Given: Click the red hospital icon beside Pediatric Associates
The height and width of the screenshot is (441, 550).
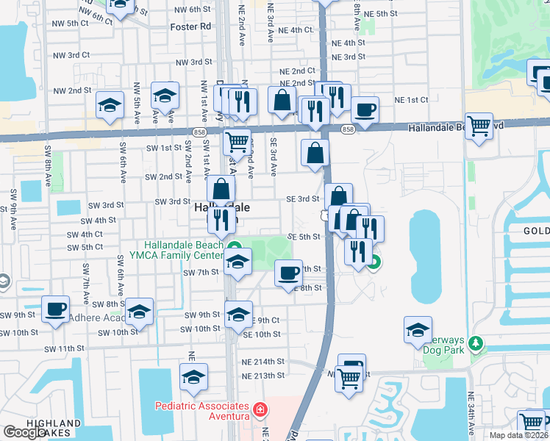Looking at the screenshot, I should pos(258,409).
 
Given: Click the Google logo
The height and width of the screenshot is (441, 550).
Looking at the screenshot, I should pos(24,433).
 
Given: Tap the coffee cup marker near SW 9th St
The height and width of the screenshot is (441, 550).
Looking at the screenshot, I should pos(55,309).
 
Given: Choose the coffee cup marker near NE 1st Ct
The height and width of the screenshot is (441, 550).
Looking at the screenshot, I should pos(365,110).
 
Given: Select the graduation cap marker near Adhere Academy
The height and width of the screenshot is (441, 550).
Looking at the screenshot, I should pos(139,312).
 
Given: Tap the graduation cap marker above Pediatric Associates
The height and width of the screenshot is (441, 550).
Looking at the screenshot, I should pos(193,377).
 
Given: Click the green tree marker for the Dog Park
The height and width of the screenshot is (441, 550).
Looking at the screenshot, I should pos(476,343).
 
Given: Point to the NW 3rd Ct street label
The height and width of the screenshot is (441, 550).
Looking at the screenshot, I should pos(71,55).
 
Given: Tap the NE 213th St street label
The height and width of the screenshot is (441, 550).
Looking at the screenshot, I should pos(263,376).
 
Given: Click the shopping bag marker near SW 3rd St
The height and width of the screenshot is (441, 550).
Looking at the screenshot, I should pos(221,189).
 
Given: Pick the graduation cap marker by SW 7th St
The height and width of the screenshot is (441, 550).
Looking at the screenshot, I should pos(238,262).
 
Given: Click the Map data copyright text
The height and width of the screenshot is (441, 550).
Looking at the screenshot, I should pos(519,435).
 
